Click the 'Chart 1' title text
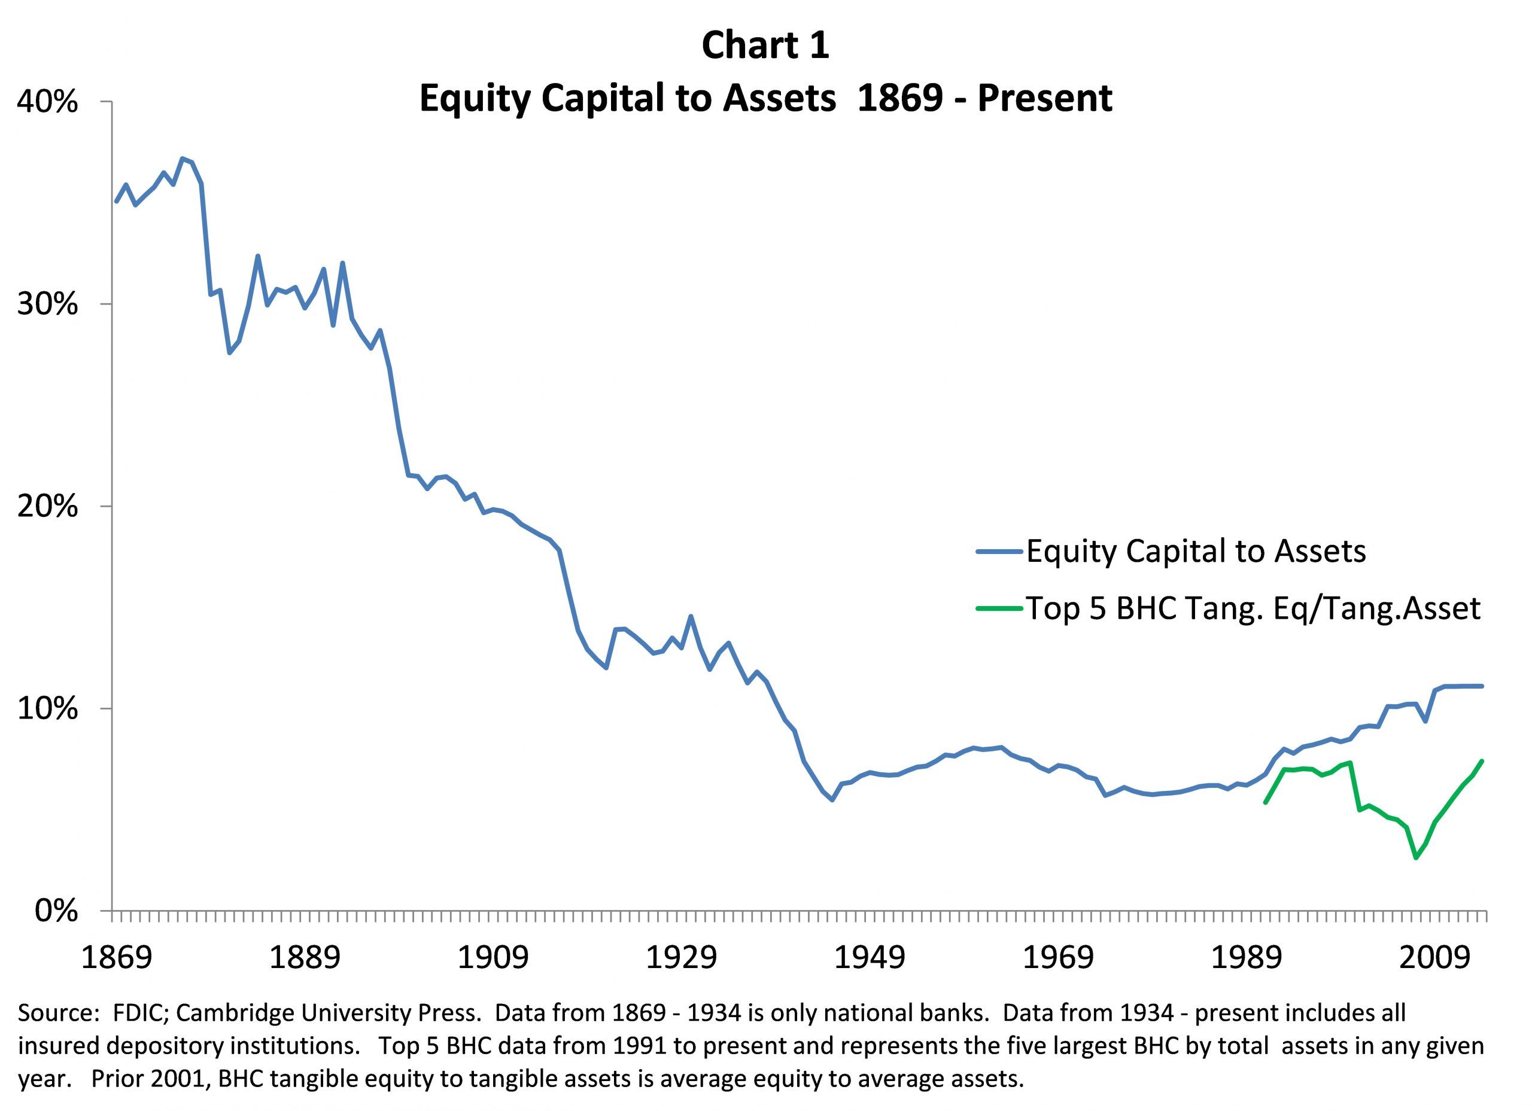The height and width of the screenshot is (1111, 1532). (x=765, y=46)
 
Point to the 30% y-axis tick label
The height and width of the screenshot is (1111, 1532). (x=47, y=305)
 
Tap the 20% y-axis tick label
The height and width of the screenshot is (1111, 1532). (x=47, y=506)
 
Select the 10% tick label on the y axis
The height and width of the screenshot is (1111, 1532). (x=47, y=708)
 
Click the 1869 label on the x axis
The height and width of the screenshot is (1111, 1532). (x=116, y=958)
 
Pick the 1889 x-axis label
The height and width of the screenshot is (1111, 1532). (x=305, y=958)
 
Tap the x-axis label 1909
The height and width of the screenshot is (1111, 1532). (x=493, y=958)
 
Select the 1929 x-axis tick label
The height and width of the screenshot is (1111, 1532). (x=681, y=958)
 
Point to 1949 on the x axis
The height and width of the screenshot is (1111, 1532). (x=870, y=958)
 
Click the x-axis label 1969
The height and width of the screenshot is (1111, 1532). (x=1058, y=958)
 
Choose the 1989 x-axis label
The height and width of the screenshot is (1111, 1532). (x=1247, y=958)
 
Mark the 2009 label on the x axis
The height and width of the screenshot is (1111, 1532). (x=1434, y=958)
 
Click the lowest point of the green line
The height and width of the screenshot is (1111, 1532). (x=1416, y=858)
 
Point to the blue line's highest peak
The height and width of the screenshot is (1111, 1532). (x=183, y=159)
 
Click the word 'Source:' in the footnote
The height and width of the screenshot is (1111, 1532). (x=59, y=1013)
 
